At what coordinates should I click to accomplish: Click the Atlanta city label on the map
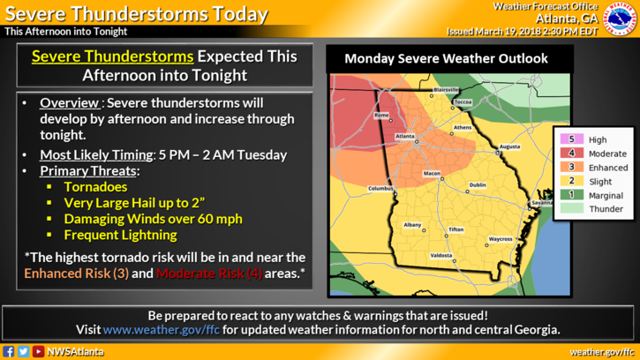coord(404,137)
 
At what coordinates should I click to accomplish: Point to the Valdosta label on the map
coord(441,255)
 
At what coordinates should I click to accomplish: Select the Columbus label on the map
coord(380,188)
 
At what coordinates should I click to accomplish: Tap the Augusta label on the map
coord(509,146)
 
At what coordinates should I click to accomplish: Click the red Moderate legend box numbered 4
coord(571,154)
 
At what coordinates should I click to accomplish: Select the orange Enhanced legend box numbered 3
coord(571,168)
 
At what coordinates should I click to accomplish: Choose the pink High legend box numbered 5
coord(571,139)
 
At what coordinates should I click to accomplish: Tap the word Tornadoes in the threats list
coord(95,187)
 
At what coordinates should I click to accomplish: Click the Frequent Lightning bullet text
coord(120,235)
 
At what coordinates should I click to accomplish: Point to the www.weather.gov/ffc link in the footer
coord(154,330)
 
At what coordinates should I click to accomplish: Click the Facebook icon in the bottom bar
coord(9,352)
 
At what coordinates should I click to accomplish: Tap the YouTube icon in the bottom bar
coord(38,352)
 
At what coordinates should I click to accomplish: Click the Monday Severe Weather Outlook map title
coord(446,59)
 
